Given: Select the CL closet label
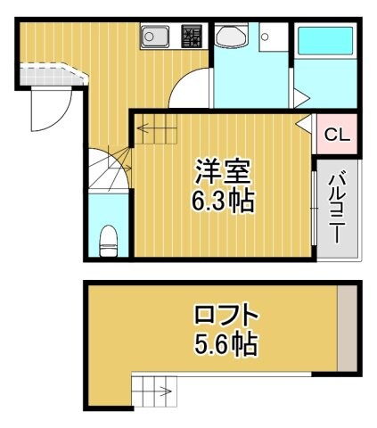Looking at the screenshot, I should coord(336,136).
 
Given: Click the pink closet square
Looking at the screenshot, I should coord(337,135).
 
